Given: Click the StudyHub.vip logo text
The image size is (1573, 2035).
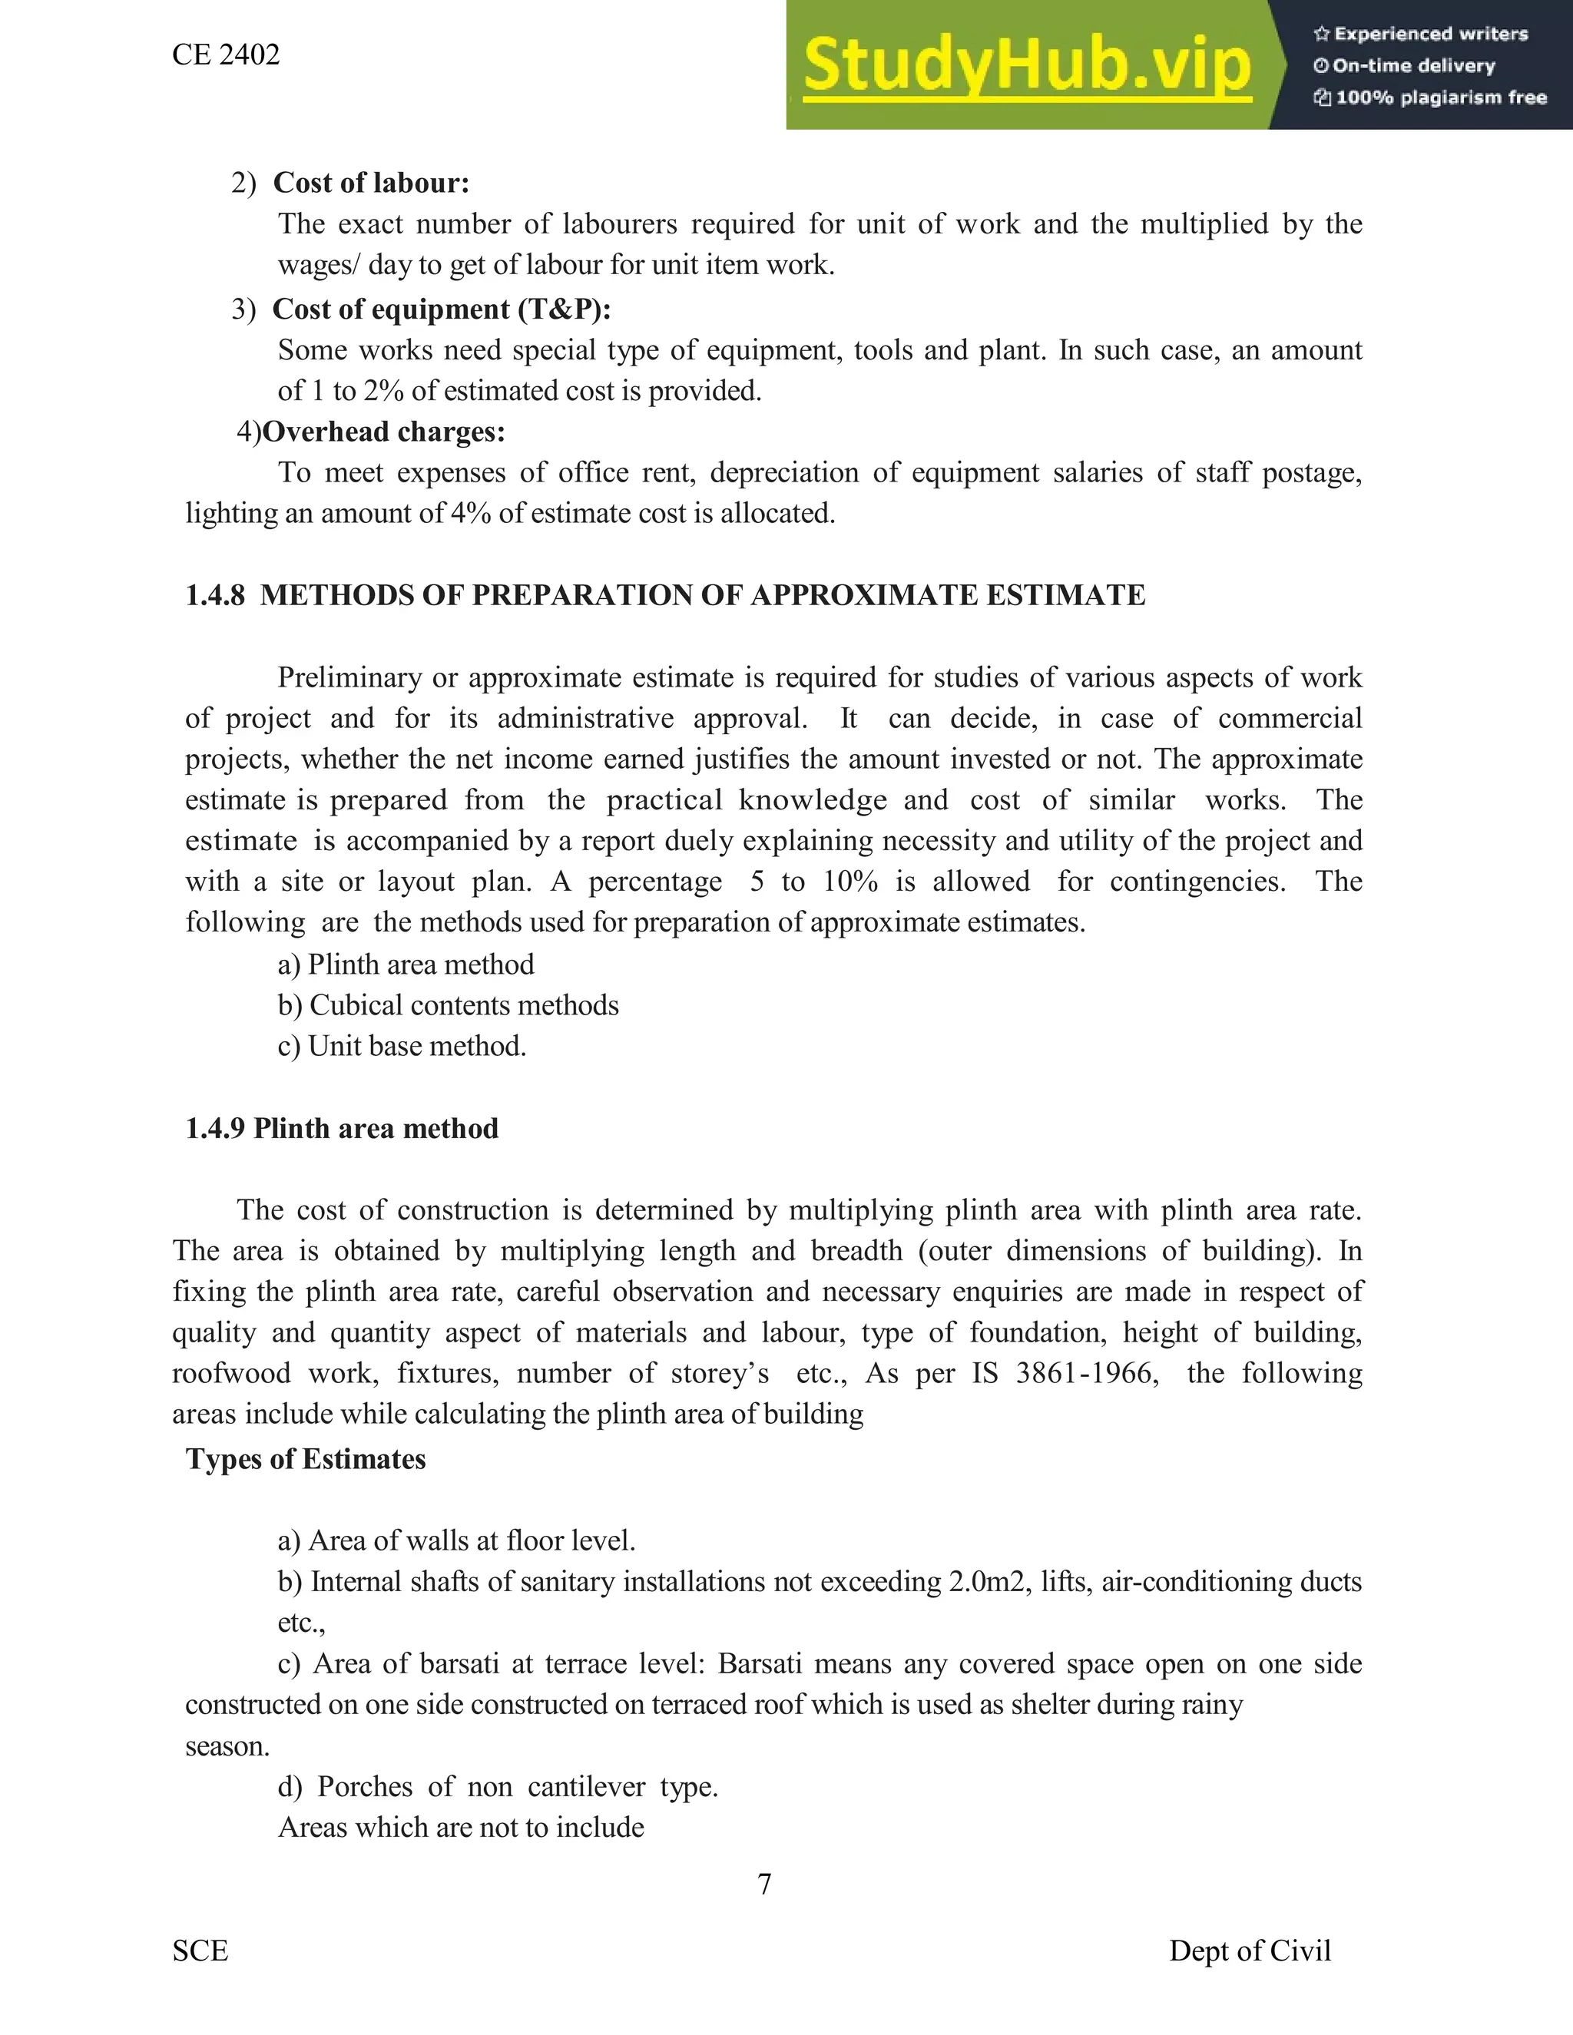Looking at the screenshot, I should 1027,65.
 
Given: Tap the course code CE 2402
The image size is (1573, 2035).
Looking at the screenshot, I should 226,55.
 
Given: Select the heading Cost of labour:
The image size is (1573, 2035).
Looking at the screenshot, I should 371,183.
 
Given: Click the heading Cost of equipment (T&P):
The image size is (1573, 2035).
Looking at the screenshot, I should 442,309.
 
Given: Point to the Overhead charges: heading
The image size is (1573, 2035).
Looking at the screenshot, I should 384,432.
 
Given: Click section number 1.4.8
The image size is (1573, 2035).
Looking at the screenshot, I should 214,595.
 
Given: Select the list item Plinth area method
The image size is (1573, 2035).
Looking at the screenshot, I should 420,965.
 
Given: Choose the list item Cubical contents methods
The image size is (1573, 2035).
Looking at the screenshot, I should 463,1005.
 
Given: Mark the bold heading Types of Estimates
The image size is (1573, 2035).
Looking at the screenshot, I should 306,1459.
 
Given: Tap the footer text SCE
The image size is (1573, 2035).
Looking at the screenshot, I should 200,1951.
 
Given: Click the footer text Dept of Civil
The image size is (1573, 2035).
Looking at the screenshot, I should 1250,1951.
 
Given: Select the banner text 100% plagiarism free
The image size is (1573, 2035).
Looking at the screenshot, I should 1441,98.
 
